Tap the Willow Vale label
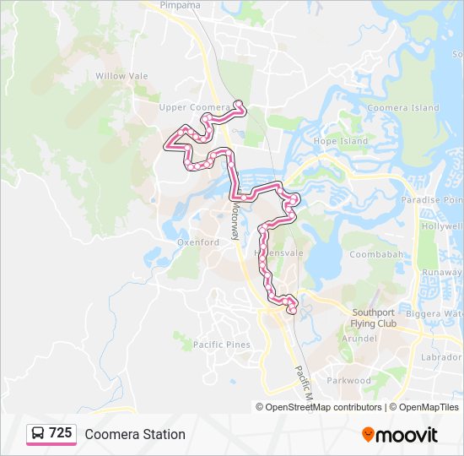121,76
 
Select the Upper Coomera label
194,108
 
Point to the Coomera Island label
404,108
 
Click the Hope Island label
341,141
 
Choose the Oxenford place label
197,242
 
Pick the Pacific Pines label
221,345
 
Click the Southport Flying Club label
374,318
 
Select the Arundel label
358,338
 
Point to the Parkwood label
348,381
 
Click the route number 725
60,433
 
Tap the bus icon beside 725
38,434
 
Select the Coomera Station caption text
135,434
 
